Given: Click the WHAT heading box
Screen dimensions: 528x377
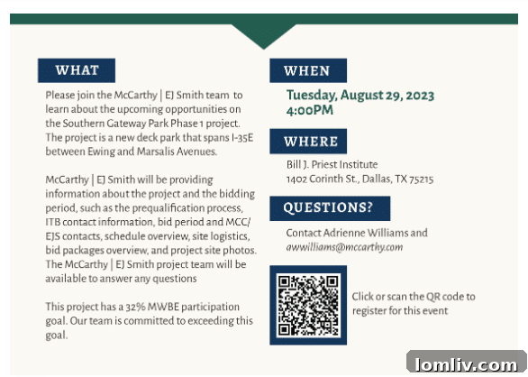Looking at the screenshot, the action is pyautogui.click(x=77, y=70).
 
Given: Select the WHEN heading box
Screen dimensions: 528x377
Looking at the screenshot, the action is pyautogui.click(x=308, y=70).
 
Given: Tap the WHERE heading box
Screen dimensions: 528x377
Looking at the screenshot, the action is pyautogui.click(x=308, y=142).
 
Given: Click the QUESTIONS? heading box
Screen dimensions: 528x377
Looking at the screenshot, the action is pyautogui.click(x=330, y=208).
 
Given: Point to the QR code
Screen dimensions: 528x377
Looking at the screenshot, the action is pyautogui.click(x=308, y=305).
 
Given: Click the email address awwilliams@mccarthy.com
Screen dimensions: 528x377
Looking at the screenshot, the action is pyautogui.click(x=344, y=247).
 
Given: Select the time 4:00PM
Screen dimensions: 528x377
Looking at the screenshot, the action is pyautogui.click(x=310, y=110).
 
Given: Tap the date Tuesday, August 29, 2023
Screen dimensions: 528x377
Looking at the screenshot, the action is pyautogui.click(x=360, y=96).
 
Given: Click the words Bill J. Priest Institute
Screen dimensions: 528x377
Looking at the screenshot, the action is pyautogui.click(x=332, y=164).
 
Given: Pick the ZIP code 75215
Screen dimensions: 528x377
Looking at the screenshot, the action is pyautogui.click(x=422, y=179).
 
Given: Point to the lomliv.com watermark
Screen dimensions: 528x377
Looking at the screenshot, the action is pyautogui.click(x=467, y=365).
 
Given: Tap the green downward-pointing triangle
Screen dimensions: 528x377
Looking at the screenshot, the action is pyautogui.click(x=264, y=34).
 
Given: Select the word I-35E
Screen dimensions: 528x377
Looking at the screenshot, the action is pyautogui.click(x=242, y=138).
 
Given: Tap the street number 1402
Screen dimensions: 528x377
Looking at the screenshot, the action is pyautogui.click(x=296, y=179).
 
